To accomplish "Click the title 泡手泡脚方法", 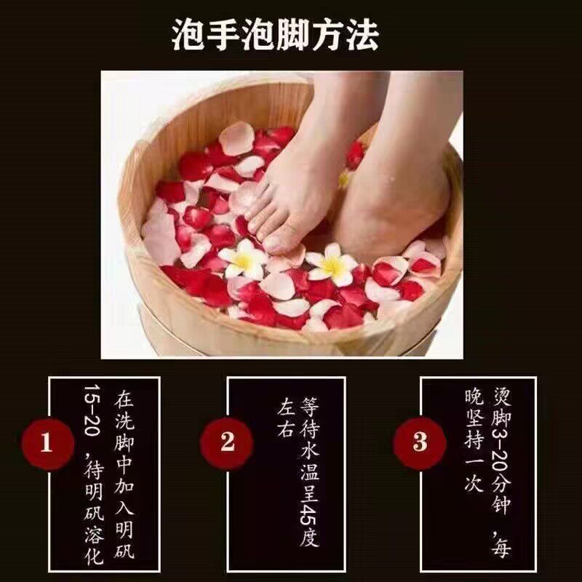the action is (x=275, y=34).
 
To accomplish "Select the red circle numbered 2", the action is (x=226, y=443).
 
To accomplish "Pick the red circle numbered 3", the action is (x=420, y=443).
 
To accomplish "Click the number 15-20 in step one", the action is (x=92, y=410).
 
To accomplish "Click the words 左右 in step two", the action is (x=286, y=417).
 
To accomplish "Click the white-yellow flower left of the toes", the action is (x=243, y=259).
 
